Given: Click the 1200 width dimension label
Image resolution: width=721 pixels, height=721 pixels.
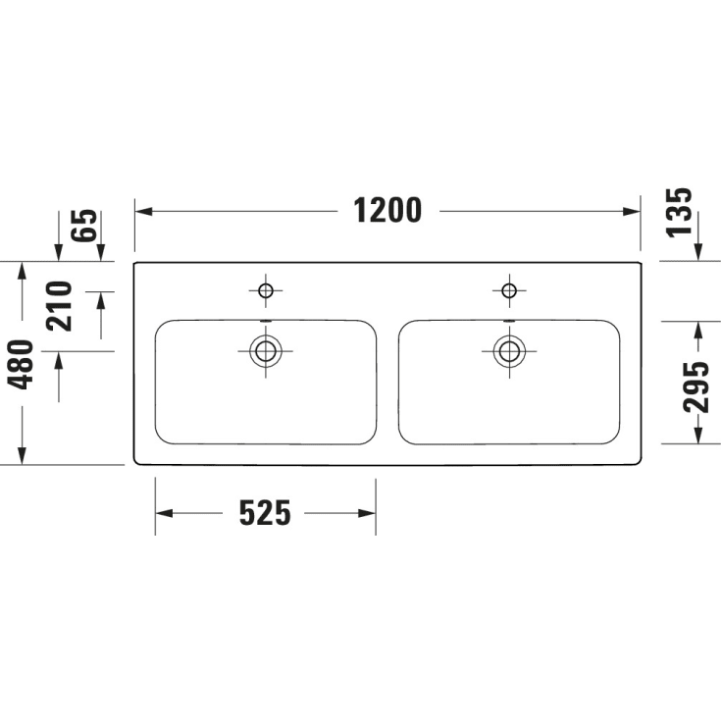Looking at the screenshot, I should pos(387,211).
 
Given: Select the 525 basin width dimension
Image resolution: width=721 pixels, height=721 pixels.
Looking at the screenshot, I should pos(265,512).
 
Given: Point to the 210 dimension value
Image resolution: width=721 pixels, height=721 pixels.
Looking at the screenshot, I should pos(61,306).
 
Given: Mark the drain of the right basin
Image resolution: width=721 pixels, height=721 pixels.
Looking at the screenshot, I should pos(508,350).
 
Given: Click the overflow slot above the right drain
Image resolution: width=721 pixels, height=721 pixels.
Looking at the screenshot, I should pos(508,320).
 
